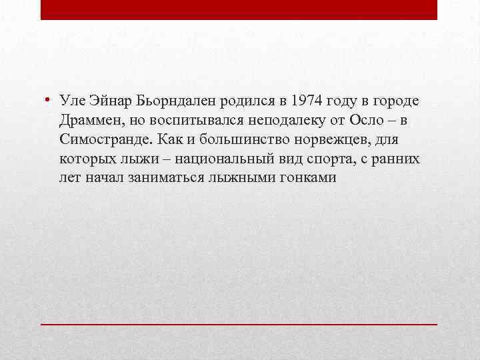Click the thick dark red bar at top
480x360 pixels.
tap(239, 9)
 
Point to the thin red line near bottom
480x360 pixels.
tap(239, 323)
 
